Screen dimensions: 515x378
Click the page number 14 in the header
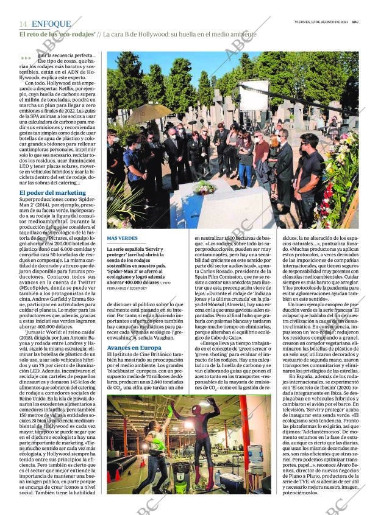pyautogui.click(x=23, y=24)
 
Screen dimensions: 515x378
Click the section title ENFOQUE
pyautogui.click(x=51, y=24)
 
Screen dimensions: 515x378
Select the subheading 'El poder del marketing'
pyautogui.click(x=52, y=193)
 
